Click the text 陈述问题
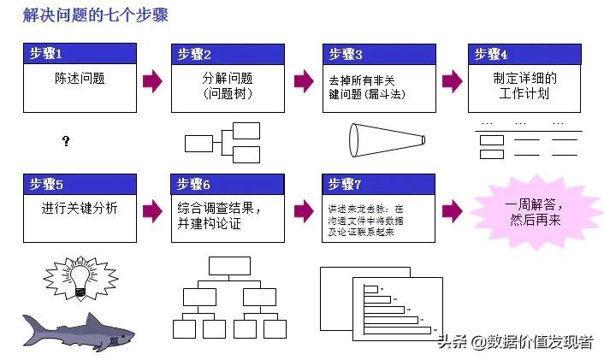79,78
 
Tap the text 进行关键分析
79,208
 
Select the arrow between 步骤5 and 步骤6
153,210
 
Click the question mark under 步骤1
66,140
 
